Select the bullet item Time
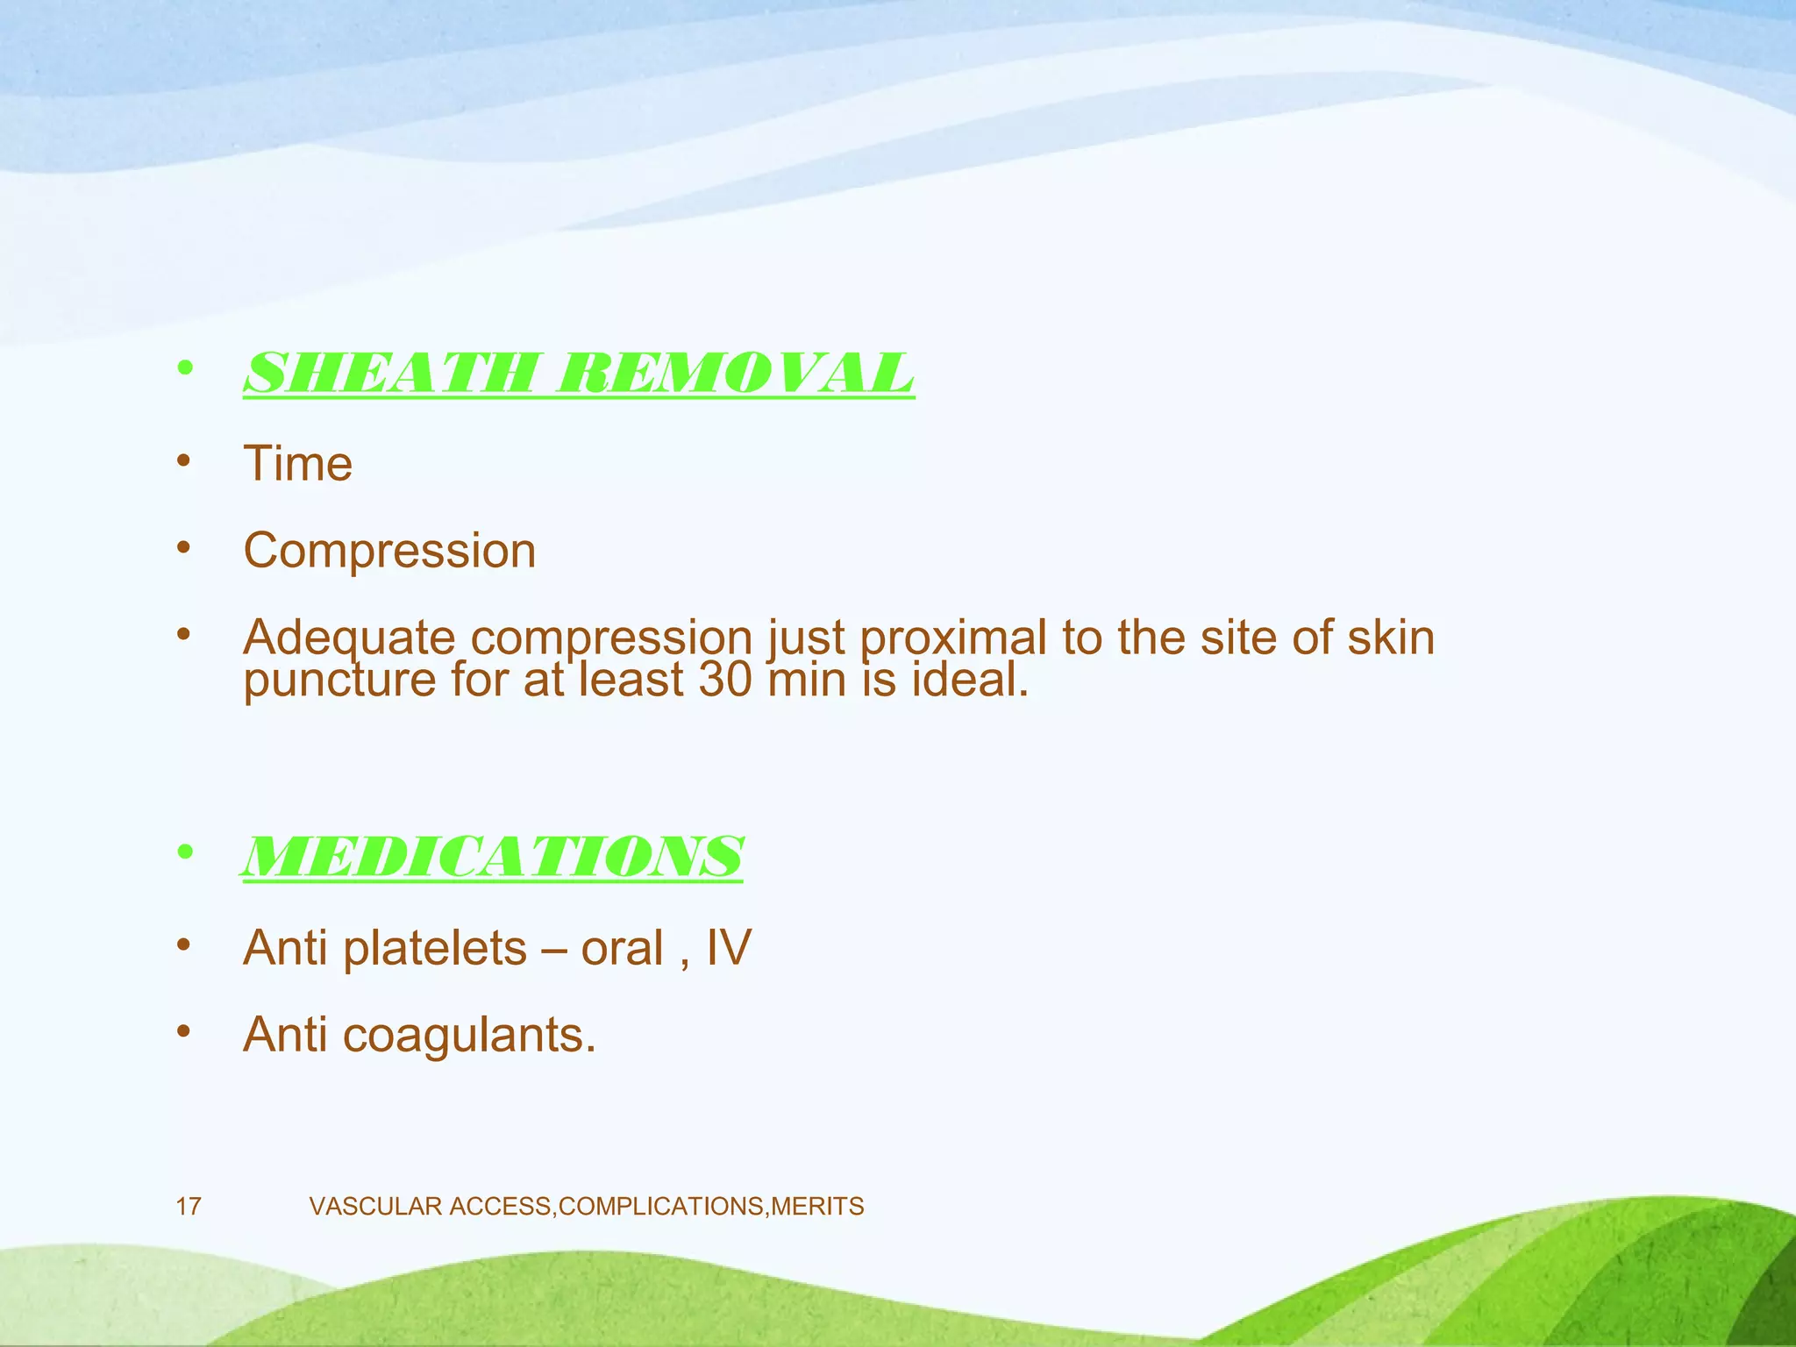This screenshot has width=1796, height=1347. [x=298, y=464]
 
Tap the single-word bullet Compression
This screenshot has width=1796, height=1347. [x=389, y=552]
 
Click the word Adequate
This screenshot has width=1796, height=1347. [x=349, y=638]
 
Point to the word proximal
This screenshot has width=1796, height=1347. [x=953, y=638]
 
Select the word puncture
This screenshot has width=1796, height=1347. [x=339, y=681]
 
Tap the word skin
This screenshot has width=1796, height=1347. [x=1391, y=638]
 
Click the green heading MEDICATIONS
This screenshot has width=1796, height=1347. [x=492, y=857]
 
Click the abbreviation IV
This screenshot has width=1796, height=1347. [x=728, y=948]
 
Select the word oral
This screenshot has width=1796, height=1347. [x=622, y=949]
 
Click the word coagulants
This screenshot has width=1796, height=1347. [x=469, y=1036]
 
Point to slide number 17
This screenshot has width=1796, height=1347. [x=189, y=1207]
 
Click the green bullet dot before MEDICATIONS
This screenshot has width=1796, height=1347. [x=183, y=853]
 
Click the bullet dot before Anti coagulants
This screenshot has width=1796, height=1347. [x=183, y=1031]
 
